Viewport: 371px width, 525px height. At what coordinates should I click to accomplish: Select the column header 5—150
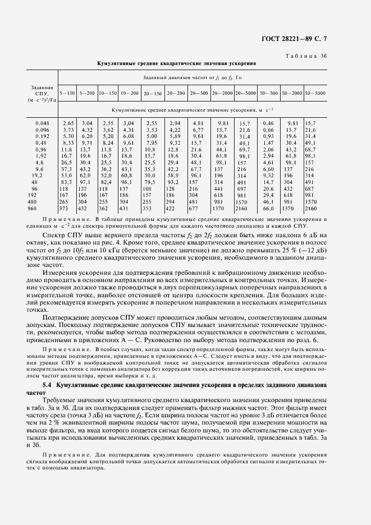68,93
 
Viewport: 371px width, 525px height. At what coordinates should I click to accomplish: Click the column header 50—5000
315,93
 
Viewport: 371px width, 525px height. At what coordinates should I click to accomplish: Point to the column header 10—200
129,93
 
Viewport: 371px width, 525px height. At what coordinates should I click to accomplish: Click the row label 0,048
42,122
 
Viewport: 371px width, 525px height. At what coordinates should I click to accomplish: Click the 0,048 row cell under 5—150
68,122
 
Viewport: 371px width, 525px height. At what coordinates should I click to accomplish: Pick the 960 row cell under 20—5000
244,208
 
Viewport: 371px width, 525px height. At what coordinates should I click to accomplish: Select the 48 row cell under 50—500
268,182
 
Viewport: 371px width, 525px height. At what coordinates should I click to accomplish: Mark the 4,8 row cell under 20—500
196,162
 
